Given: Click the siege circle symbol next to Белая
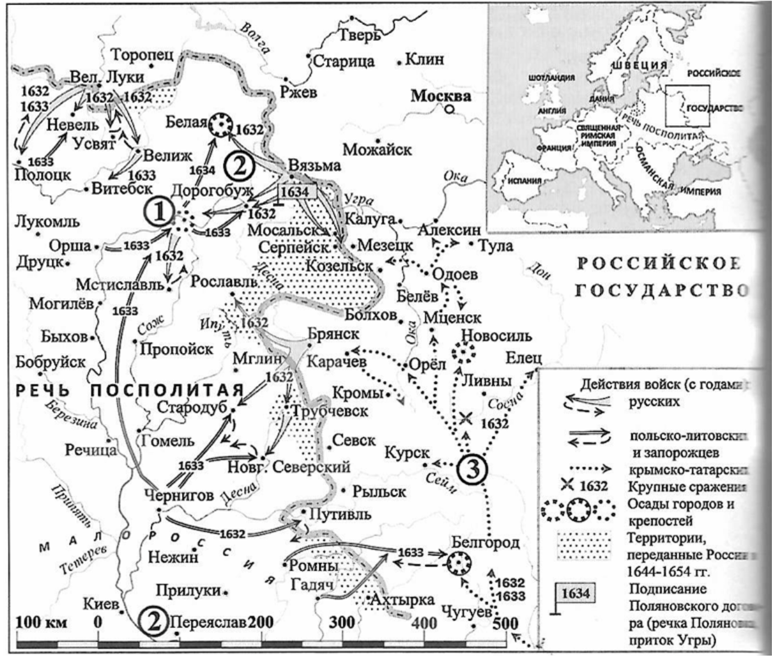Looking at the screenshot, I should pyautogui.click(x=221, y=124).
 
